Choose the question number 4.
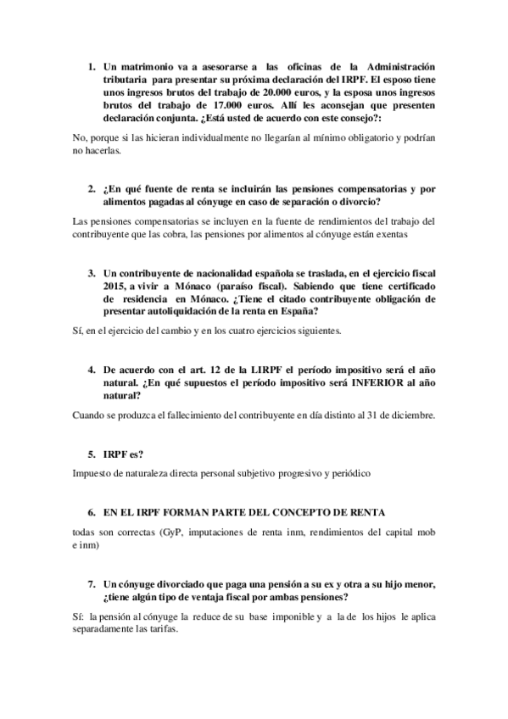tap(91, 371)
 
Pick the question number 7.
tap(91, 584)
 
